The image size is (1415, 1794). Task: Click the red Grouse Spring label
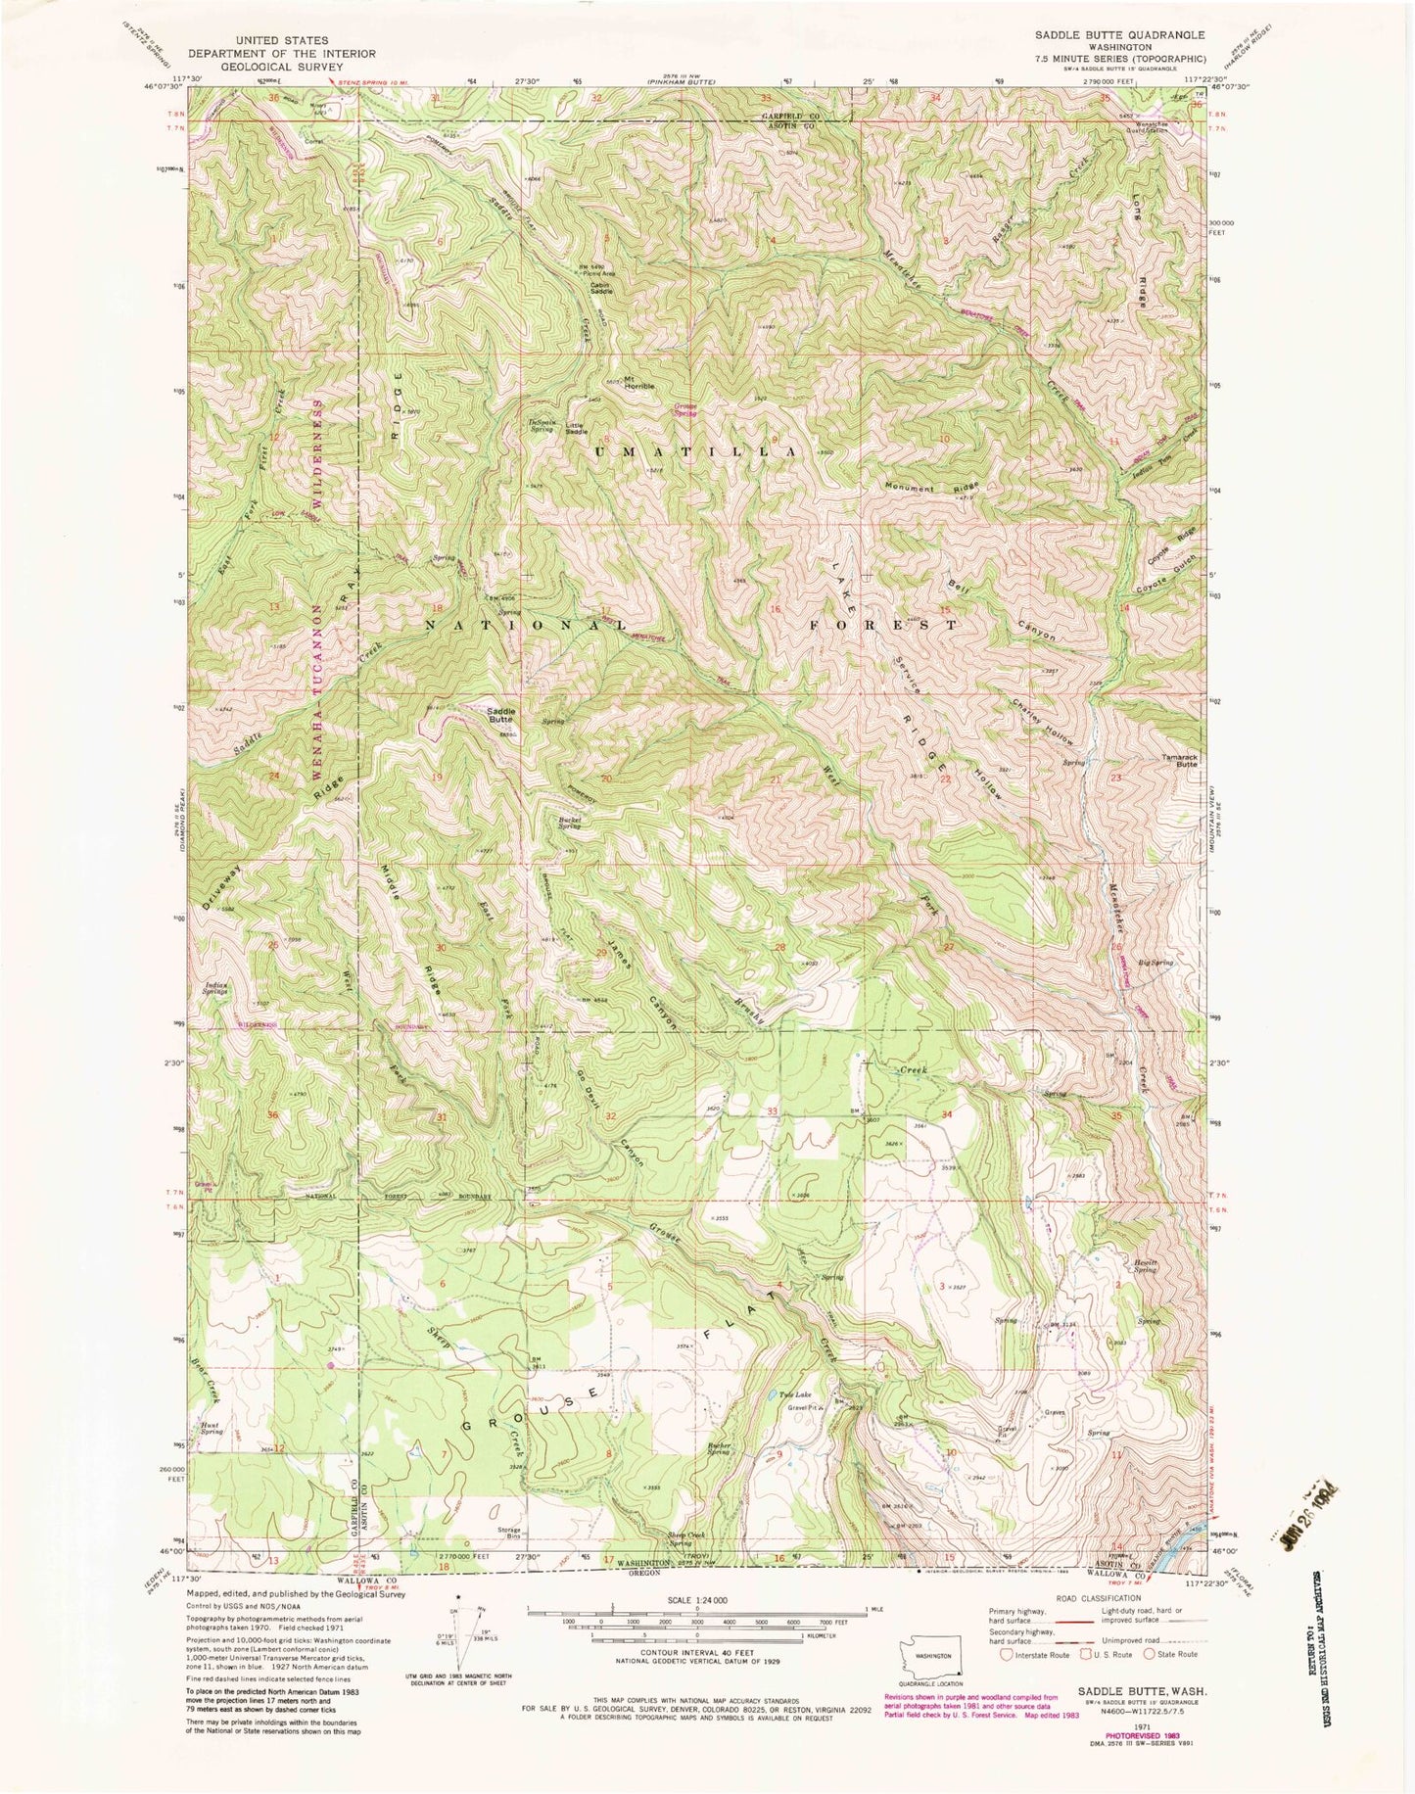coord(684,411)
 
